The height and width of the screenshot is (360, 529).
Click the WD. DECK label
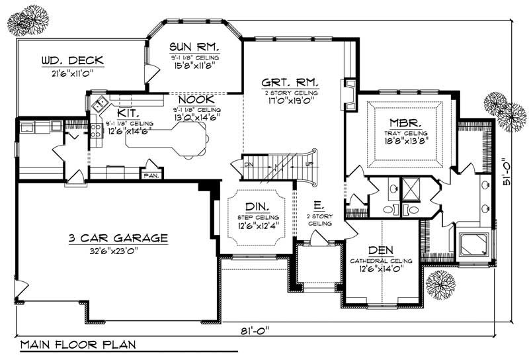click(x=69, y=62)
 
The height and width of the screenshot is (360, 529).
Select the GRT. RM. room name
click(x=290, y=83)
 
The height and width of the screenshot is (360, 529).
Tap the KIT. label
click(x=129, y=114)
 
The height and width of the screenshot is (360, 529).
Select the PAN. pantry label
click(x=151, y=175)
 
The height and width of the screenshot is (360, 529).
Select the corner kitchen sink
click(x=101, y=103)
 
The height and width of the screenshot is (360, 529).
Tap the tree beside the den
click(x=440, y=283)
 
